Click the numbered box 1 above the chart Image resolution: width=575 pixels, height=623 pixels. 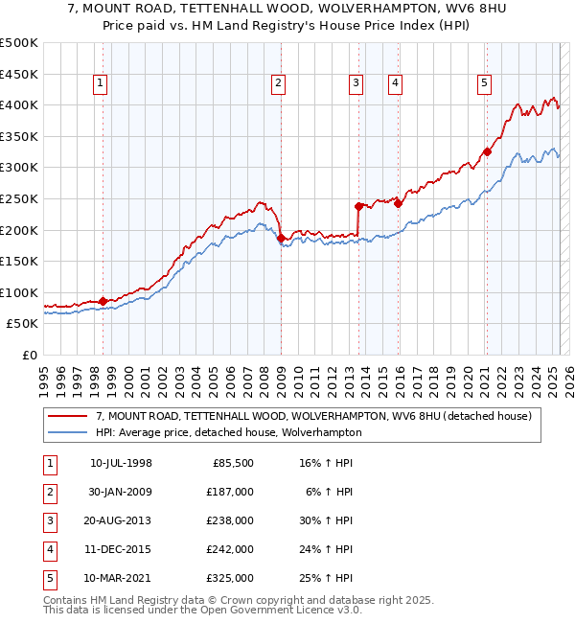[100, 84]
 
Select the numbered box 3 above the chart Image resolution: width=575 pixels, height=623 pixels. [356, 84]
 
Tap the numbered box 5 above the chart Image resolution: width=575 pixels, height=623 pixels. [484, 84]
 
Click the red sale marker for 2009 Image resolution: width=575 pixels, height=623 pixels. [282, 239]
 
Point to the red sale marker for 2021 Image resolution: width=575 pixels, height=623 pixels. [487, 151]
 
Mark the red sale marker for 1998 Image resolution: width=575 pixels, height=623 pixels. [103, 301]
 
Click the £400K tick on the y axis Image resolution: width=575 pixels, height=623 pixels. [19, 104]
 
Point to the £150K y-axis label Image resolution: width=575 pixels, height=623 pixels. [19, 261]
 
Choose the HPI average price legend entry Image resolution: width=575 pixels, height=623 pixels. [228, 432]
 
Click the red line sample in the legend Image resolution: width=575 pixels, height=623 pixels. [66, 416]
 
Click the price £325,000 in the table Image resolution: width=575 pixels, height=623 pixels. [230, 578]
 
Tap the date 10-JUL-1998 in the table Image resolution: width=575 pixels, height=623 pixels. [121, 463]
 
